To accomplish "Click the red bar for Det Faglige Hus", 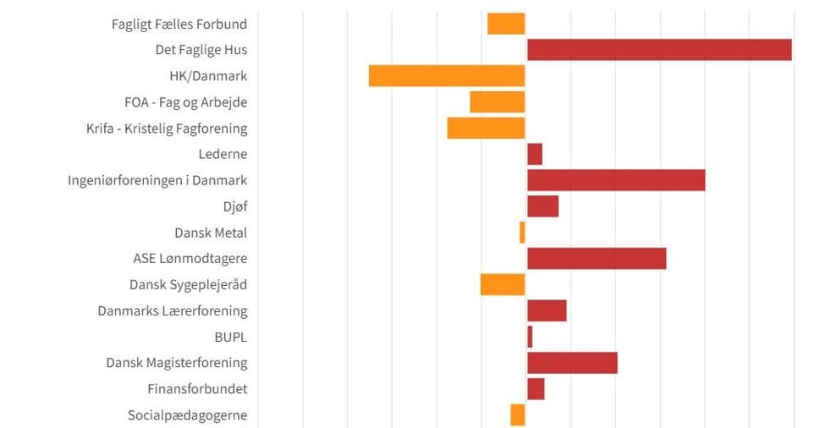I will tap(659, 50).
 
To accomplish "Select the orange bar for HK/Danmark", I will tap(447, 76).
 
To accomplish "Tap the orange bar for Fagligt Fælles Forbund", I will tap(506, 24).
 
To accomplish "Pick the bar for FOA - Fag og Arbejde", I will tap(498, 102).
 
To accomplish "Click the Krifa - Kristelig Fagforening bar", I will tap(486, 129).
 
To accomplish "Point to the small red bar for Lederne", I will tap(535, 155).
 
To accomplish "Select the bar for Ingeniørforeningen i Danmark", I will tap(616, 180).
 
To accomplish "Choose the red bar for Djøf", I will tap(542, 206).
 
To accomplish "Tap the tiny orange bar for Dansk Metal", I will tap(522, 233).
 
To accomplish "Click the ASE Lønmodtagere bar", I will tap(597, 259).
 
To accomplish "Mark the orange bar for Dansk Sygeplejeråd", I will tap(503, 285).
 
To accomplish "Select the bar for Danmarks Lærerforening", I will tap(547, 310).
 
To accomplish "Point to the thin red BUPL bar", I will tap(530, 337).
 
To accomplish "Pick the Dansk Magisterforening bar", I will tap(572, 363).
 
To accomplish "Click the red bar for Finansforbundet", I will tap(536, 389).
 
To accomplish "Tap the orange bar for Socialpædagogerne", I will tap(518, 415).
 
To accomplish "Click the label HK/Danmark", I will tap(208, 76).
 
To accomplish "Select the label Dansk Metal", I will tap(211, 233).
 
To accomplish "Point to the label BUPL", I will tap(231, 337).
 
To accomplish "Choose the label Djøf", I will tap(235, 206).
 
